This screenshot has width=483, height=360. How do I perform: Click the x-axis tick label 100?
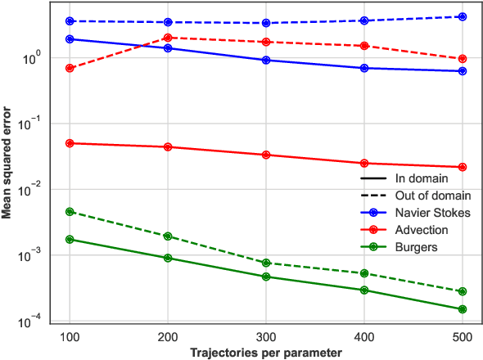(x=70, y=337)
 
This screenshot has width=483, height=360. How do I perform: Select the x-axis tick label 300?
(x=266, y=337)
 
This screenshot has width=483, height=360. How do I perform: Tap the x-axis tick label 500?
(x=463, y=337)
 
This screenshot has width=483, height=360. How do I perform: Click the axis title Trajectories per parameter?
(x=266, y=352)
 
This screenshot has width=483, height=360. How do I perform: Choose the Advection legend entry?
(x=422, y=229)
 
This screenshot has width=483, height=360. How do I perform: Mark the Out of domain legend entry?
(x=433, y=196)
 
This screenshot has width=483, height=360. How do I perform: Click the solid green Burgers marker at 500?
(x=463, y=309)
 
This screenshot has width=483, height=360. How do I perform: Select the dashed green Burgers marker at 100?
(x=70, y=212)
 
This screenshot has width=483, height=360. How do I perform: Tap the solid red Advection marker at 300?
(x=266, y=155)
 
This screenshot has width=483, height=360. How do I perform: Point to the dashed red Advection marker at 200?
(x=168, y=38)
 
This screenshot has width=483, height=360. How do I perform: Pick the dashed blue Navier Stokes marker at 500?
(x=463, y=16)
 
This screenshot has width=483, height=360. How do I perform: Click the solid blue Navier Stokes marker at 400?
(x=364, y=68)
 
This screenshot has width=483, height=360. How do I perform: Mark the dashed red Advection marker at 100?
(x=70, y=68)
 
